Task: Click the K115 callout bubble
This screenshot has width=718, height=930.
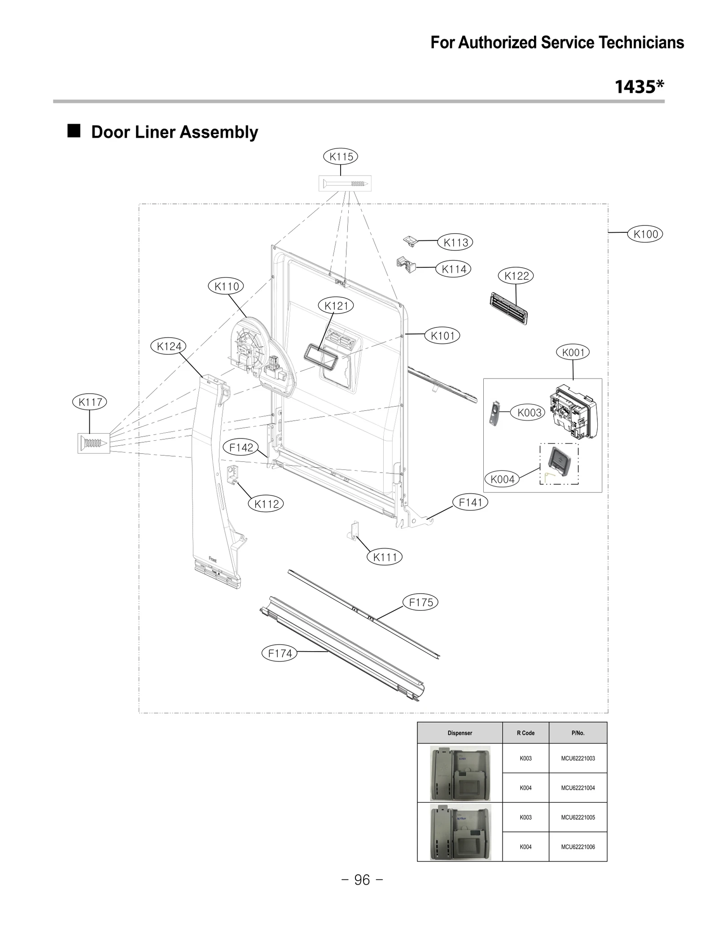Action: [x=341, y=156]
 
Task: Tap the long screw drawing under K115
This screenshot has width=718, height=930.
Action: [x=345, y=183]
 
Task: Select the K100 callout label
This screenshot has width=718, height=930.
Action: [x=645, y=234]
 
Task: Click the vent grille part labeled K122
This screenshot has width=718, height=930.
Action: [x=508, y=308]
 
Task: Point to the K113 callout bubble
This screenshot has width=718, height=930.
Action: [x=455, y=243]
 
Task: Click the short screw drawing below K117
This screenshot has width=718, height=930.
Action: [x=94, y=443]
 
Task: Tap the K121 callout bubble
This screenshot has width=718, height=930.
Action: [x=336, y=306]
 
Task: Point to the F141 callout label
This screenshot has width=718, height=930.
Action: [x=470, y=503]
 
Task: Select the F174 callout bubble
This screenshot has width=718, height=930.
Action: [x=280, y=653]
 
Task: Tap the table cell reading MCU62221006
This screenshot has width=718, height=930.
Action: [x=578, y=847]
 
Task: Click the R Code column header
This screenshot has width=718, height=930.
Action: [x=525, y=733]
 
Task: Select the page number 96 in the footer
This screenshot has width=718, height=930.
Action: [x=362, y=880]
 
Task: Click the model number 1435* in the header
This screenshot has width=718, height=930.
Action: [x=639, y=87]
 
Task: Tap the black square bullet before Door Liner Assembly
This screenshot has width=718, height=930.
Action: [x=74, y=131]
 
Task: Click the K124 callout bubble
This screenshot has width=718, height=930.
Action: [x=169, y=346]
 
